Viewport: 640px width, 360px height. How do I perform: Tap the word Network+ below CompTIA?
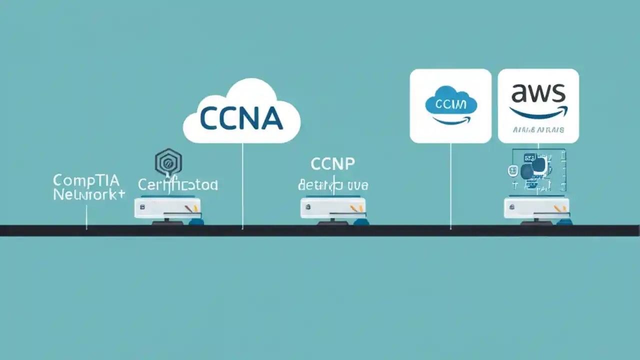pos(89,195)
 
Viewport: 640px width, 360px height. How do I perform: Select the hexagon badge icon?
pos(168,162)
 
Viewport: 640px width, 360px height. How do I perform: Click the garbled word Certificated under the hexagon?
pos(178,185)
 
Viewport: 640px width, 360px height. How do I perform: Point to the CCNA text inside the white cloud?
pos(241,118)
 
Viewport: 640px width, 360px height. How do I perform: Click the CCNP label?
pos(332,164)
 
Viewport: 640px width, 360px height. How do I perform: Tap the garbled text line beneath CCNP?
pos(333,185)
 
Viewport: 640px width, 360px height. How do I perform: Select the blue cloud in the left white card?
pos(451,102)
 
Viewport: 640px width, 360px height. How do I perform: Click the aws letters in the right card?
pos(538,94)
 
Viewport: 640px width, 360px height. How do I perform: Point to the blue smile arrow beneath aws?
pos(538,113)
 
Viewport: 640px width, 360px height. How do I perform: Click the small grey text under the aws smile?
pos(538,130)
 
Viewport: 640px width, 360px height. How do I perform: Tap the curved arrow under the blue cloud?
pos(451,120)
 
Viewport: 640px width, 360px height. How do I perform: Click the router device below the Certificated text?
pos(167,208)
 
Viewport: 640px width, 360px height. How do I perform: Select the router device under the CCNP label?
pos(333,208)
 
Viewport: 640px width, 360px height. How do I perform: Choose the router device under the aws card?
pos(536,208)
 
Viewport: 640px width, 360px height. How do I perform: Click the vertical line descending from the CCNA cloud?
pos(242,185)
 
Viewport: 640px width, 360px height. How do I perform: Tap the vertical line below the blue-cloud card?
pos(450,185)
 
